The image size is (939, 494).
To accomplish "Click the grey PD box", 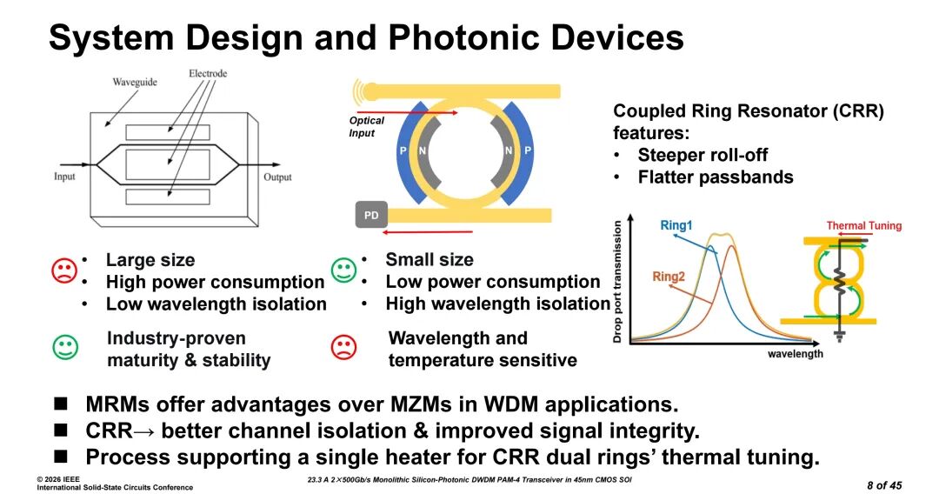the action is [x=371, y=215].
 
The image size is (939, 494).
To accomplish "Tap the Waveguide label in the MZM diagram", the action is [x=136, y=82].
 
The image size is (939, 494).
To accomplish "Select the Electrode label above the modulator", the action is [x=208, y=73].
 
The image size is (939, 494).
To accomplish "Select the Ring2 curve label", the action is [x=669, y=277].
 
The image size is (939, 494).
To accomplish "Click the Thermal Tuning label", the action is [x=863, y=225].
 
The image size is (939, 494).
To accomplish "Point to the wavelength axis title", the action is [x=795, y=354].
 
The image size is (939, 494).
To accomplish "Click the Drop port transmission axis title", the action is [x=618, y=281].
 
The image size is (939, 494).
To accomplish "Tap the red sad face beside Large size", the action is [x=64, y=270].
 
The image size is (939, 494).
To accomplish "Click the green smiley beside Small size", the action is [x=344, y=270].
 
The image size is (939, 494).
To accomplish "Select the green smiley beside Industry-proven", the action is [x=65, y=347].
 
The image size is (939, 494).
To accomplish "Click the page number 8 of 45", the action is [x=885, y=484].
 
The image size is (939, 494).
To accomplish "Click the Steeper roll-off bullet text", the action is [x=703, y=155].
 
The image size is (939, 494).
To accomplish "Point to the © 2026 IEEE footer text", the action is [x=58, y=479].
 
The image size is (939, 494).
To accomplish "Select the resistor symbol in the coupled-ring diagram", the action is [x=839, y=279].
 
